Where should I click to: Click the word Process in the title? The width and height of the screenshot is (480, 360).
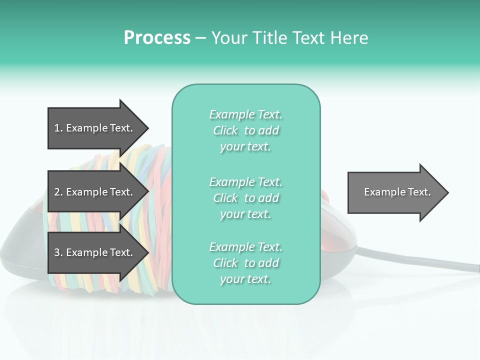coord(157,38)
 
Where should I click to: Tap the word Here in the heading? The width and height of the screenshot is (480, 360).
coord(349,38)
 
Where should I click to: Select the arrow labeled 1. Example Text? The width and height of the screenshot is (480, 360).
coord(95,128)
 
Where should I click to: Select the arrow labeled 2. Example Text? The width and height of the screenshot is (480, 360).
coord(95,192)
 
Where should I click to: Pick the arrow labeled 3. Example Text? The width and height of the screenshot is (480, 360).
coord(95,252)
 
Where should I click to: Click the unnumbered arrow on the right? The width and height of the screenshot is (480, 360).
coord(395,192)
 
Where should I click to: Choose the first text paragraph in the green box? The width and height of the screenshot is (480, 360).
coord(245,130)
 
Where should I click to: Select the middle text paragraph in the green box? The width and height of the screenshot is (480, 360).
coord(245,198)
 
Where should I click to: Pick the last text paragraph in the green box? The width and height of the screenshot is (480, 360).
coord(245,263)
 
